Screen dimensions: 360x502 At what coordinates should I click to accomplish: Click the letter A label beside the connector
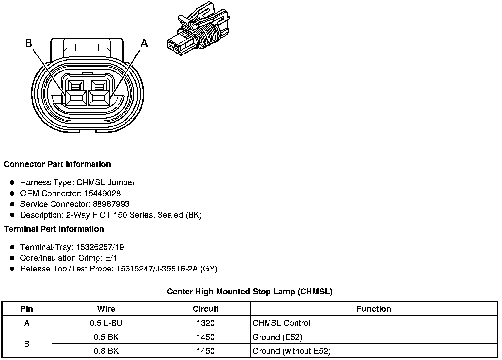[144, 43]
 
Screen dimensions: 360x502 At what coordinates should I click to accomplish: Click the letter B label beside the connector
[29, 43]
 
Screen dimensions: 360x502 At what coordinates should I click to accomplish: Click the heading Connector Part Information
[57, 164]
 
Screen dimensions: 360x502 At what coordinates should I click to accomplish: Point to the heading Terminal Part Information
[54, 229]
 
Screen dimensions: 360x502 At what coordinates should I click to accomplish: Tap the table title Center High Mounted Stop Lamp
[249, 292]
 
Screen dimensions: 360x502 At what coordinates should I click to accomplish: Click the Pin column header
[27, 309]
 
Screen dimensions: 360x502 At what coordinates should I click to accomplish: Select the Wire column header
[106, 309]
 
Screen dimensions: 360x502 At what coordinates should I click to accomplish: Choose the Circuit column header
[205, 309]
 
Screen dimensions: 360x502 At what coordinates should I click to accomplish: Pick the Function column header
[374, 309]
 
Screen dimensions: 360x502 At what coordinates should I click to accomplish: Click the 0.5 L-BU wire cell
[106, 323]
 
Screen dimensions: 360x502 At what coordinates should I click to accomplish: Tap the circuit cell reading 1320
[205, 323]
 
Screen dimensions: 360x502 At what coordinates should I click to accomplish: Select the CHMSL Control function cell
[281, 323]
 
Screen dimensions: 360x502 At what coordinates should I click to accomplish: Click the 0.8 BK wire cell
[106, 351]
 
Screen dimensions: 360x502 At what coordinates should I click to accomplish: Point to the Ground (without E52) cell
[291, 351]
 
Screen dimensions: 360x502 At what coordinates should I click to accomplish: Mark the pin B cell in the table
[27, 344]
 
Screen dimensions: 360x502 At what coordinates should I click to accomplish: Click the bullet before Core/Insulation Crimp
[12, 258]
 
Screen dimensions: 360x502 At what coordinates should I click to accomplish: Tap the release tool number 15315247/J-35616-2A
[157, 269]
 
